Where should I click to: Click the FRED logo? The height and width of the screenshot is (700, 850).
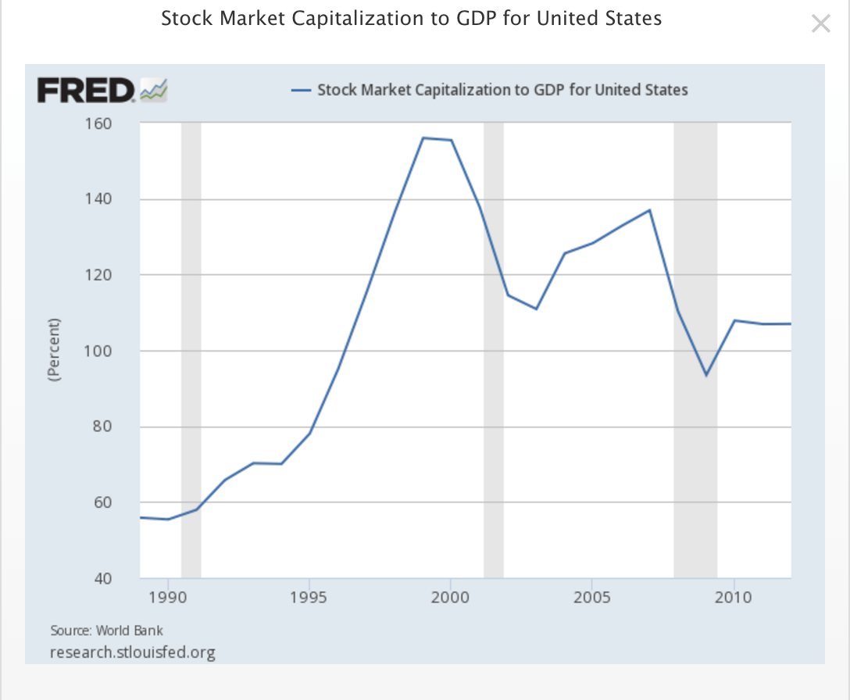point(102,91)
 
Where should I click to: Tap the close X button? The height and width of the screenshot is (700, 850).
point(820,23)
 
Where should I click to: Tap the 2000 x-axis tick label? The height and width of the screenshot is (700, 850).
point(451,598)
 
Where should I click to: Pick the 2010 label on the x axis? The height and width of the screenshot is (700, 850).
point(734,598)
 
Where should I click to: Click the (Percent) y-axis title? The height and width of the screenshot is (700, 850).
point(54,349)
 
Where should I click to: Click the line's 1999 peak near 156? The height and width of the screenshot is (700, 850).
point(423,138)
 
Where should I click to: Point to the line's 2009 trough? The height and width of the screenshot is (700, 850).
point(705,375)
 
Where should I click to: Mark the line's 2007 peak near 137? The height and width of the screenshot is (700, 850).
point(649,210)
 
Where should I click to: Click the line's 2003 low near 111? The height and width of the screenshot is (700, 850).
point(536,309)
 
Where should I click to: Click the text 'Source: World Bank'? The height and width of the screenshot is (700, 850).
point(106,630)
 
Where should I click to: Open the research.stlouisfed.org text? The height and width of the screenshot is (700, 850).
point(132,652)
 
